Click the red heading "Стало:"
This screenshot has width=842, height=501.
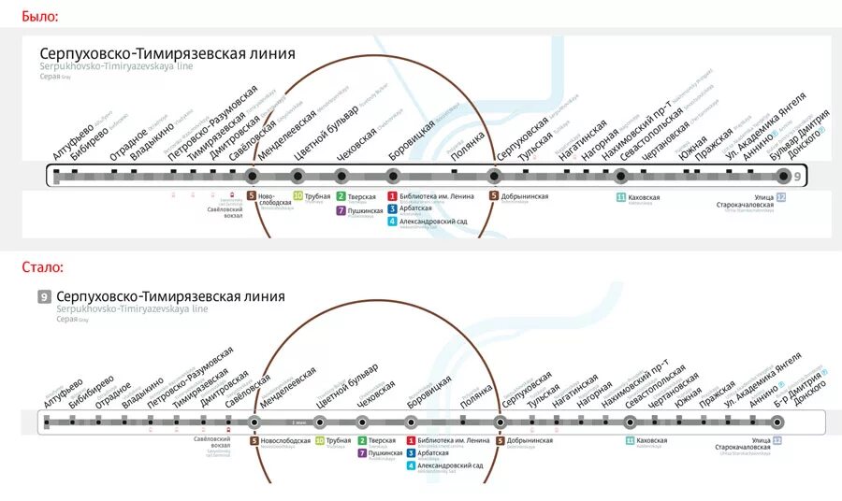[x=42, y=267]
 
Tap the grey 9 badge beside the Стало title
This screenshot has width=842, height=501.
[x=44, y=296]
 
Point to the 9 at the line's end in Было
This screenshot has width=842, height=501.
[x=797, y=176]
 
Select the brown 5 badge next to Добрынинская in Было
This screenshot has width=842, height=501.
[x=493, y=196]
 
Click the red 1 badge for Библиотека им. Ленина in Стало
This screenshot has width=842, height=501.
[x=411, y=440]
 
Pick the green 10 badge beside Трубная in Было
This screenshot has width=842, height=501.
[x=298, y=196]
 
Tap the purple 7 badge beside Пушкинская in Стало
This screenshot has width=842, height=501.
[x=362, y=453]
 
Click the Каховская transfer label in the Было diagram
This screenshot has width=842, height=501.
[x=644, y=197]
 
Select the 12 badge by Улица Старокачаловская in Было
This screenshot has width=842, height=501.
[x=780, y=197]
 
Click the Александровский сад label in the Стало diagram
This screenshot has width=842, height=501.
[x=451, y=465]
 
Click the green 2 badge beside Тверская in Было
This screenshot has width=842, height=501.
[x=341, y=196]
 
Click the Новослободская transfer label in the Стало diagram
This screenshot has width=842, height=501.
[x=284, y=440]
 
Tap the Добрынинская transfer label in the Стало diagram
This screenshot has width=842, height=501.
[x=530, y=440]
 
